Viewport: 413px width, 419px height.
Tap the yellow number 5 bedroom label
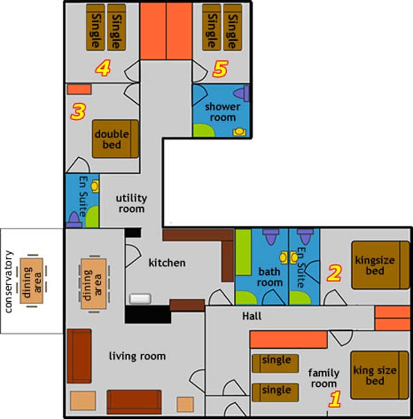coord(220,69)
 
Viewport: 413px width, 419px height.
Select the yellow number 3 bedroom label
coord(78,112)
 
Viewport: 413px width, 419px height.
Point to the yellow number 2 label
coord(334,274)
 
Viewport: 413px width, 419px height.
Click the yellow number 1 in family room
coord(334,399)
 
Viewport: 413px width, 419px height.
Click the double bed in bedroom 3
coord(115,139)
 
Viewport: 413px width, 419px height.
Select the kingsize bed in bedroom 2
coord(380,265)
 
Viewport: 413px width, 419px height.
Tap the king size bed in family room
coord(379,375)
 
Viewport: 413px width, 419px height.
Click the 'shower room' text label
coord(222,112)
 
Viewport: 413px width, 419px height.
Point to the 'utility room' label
coord(131,203)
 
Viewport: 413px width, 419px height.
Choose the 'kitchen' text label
coord(167,263)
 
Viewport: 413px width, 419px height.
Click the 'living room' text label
coord(137,356)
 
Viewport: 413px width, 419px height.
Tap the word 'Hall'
coord(252,316)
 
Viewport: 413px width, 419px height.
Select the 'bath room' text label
coord(269,277)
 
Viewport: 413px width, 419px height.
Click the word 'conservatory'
coord(10,282)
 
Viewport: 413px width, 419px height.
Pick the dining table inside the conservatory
coord(32,280)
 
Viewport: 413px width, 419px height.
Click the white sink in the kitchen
coord(140,298)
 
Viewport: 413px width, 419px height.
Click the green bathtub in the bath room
coord(243,252)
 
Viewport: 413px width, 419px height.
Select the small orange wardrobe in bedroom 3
coord(79,89)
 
